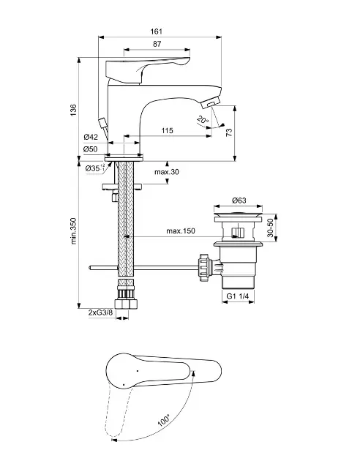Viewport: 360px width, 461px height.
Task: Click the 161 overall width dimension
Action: click(157, 31)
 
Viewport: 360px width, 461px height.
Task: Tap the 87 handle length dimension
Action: click(157, 44)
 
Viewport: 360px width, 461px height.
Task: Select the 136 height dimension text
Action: click(73, 110)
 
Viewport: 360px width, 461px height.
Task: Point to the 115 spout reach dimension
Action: click(168, 130)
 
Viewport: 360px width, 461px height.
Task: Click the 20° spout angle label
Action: click(203, 120)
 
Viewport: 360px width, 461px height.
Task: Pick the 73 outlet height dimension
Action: click(229, 132)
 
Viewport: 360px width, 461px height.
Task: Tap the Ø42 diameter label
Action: click(91, 137)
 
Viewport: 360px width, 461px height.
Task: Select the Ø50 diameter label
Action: click(91, 149)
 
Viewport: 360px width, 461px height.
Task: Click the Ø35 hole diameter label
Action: click(94, 168)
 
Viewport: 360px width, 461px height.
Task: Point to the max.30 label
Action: click(167, 172)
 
